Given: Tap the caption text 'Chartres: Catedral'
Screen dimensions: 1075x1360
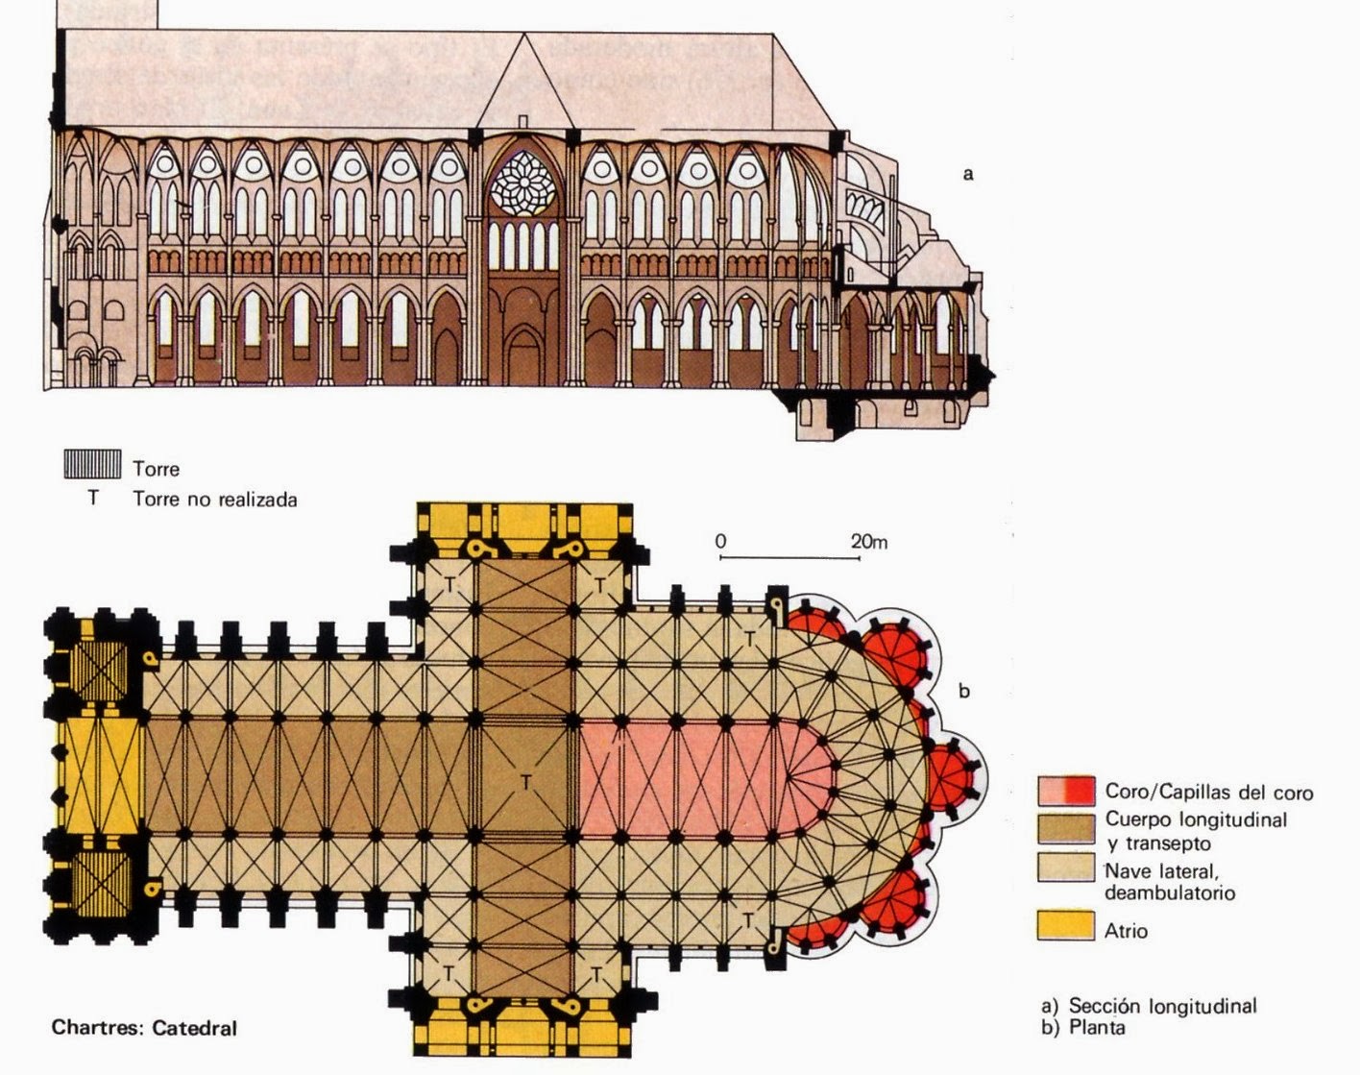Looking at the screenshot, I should [144, 1028].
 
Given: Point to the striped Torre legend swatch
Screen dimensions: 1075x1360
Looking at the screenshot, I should [92, 464].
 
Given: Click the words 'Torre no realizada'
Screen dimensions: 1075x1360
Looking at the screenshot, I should [215, 500].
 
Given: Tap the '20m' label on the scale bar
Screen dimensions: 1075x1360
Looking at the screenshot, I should [869, 542].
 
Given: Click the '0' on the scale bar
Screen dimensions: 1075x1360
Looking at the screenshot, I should [720, 542].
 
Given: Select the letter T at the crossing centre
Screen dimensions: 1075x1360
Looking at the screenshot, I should [525, 783].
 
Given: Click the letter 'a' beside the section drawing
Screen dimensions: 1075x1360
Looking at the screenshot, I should [968, 174].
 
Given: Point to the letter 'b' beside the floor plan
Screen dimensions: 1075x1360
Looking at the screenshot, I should [965, 690].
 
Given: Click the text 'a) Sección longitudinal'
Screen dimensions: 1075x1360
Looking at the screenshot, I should [1149, 1006].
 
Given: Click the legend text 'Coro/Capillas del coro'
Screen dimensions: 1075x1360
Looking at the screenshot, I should [1208, 793].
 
